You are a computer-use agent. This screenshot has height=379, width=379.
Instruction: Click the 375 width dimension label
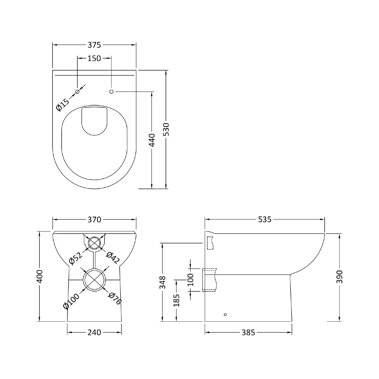[94, 45]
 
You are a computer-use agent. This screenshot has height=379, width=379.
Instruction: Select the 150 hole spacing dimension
[94, 58]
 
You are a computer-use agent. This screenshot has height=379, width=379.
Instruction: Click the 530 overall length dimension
[166, 129]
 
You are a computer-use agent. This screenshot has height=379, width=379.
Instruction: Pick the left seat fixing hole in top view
[78, 91]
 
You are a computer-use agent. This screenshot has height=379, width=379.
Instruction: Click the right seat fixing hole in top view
[111, 91]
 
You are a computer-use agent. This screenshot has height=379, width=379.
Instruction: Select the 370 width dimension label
[94, 220]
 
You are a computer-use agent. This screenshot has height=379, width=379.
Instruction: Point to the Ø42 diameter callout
[112, 258]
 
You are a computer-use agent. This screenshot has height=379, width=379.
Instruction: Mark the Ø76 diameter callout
[115, 298]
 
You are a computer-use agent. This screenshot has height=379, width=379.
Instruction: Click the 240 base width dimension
[94, 333]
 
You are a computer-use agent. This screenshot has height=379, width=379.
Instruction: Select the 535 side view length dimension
[265, 220]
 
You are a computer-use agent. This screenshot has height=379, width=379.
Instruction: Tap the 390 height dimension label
[340, 276]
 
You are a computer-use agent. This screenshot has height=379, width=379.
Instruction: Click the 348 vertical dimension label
[162, 282]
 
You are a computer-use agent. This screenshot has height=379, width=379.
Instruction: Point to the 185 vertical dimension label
[177, 300]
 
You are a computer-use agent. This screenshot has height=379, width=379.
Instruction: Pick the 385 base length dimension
[248, 333]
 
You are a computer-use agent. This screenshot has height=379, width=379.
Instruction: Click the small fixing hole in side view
[225, 315]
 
